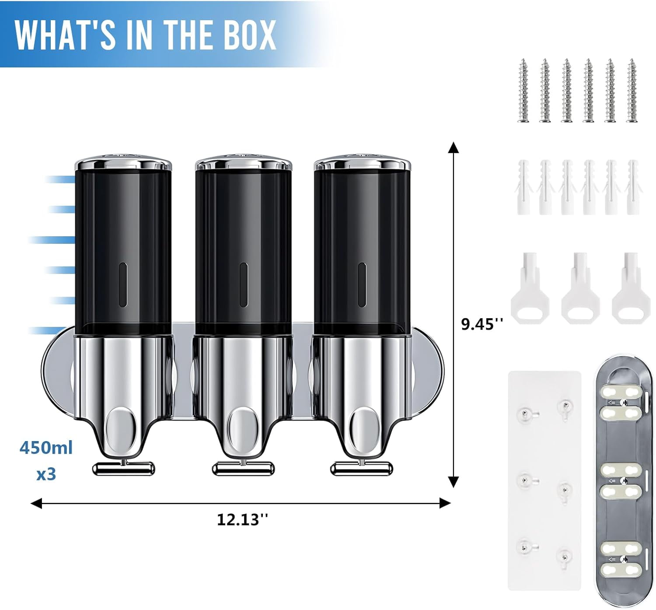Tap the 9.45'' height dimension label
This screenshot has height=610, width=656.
482,324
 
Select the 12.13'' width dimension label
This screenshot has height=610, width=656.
242,520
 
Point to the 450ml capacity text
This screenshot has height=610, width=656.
46,448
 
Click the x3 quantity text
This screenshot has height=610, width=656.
46,474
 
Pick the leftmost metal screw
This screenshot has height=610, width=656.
523,91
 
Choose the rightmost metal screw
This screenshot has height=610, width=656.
632,91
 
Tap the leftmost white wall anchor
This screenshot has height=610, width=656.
523,187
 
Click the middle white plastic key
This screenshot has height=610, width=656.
581,288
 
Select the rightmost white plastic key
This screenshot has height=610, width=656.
631,288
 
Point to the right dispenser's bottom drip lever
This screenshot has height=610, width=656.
362,469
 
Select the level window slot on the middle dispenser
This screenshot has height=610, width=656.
244,285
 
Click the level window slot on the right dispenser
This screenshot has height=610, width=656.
362,285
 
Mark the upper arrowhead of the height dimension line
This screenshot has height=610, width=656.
454,147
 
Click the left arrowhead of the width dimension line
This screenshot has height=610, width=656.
36,503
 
